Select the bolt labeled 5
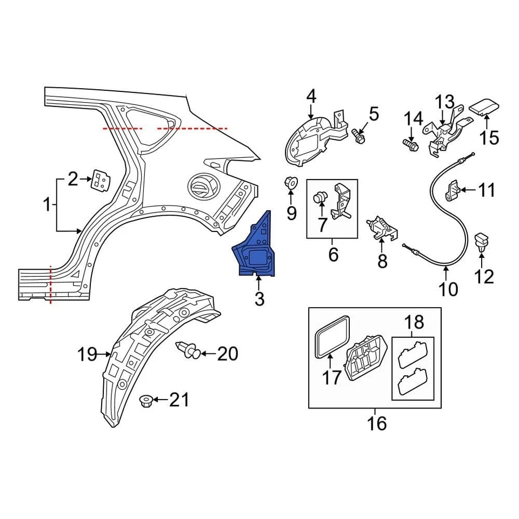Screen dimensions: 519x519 pyautogui.click(x=358, y=135)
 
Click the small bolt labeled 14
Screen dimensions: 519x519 pyautogui.click(x=409, y=144)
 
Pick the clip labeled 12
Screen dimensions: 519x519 pyautogui.click(x=481, y=242)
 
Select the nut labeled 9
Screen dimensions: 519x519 pyautogui.click(x=291, y=183)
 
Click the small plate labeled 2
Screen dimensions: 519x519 pyautogui.click(x=99, y=181)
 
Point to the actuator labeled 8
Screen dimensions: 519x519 pyautogui.click(x=382, y=228)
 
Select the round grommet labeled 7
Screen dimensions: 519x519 pyautogui.click(x=321, y=198)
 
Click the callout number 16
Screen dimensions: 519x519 pyautogui.click(x=377, y=423)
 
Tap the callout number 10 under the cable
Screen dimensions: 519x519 pyautogui.click(x=448, y=289)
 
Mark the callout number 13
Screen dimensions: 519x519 pyautogui.click(x=446, y=102)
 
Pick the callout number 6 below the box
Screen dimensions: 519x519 pyautogui.click(x=333, y=253)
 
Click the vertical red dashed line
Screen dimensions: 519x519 pyautogui.click(x=51, y=284)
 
